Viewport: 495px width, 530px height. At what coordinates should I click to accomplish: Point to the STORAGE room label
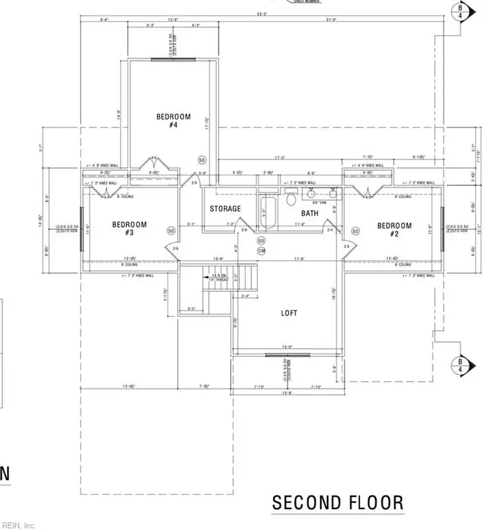coord(225,208)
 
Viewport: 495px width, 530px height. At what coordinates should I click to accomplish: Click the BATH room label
coord(310,213)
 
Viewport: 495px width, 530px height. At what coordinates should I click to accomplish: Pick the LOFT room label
coord(289,313)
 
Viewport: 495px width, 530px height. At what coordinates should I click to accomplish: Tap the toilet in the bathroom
coord(291,198)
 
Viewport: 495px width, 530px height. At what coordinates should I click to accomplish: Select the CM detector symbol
coord(261,251)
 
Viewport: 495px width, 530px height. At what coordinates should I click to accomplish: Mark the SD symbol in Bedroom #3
coord(170,230)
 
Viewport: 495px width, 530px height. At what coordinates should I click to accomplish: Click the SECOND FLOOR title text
coord(338,502)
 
